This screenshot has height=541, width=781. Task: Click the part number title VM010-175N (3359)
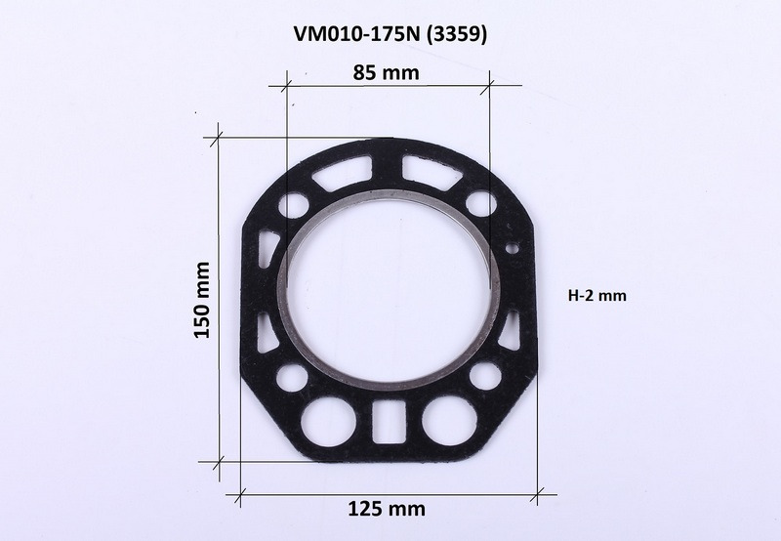(390, 34)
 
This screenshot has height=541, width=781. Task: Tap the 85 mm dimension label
(386, 72)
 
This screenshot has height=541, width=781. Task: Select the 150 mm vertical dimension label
(202, 300)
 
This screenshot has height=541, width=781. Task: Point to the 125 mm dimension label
(387, 509)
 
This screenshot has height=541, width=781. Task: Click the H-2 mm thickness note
(597, 296)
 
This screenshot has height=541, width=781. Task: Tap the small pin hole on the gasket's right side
(512, 247)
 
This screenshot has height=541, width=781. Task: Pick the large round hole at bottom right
(449, 420)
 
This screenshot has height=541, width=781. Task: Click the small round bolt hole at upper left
(294, 205)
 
